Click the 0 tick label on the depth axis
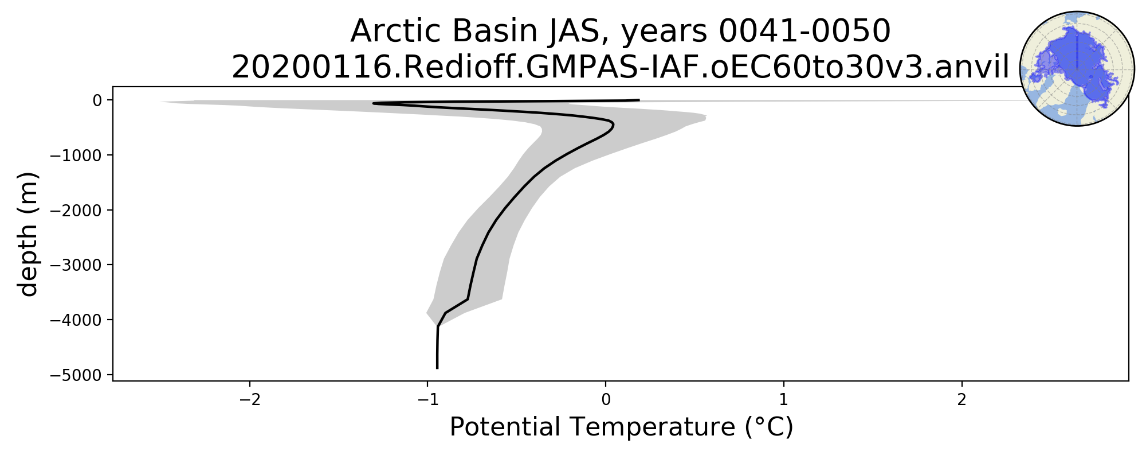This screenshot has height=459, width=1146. coord(97,100)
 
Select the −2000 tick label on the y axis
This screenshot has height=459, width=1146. coord(76,210)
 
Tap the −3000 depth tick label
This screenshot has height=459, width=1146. coord(76,265)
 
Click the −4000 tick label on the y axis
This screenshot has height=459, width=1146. coord(76,320)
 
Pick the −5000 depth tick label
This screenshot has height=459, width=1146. coord(76,375)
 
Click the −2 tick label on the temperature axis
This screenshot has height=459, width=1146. coord(250,399)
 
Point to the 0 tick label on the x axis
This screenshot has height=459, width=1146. coord(606,399)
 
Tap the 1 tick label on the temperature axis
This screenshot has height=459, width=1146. coord(784,399)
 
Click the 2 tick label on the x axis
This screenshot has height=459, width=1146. coord(962,399)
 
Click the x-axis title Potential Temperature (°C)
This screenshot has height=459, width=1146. coord(621,428)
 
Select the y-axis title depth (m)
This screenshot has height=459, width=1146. coord(28,234)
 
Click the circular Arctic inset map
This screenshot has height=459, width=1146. coord(1077,68)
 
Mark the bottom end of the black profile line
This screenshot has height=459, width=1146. coord(437,368)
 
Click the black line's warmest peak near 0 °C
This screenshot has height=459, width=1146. coord(613,125)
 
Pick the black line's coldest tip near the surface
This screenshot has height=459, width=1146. coord(374,103)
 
